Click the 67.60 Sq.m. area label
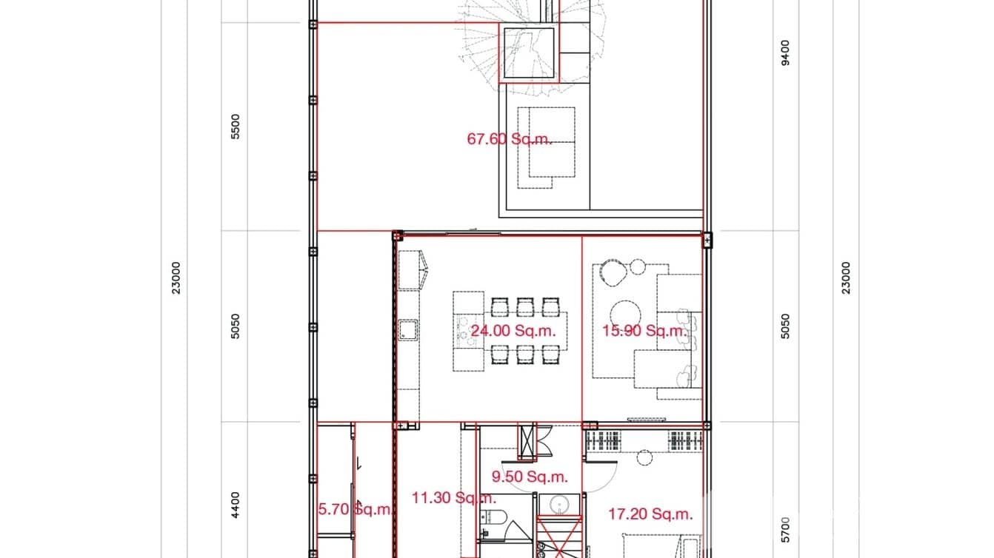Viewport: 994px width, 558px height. [x=510, y=139]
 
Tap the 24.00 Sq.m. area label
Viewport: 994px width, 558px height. [x=513, y=331]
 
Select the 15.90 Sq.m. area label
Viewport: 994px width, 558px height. [x=645, y=331]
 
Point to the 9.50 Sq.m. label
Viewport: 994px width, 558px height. [x=530, y=477]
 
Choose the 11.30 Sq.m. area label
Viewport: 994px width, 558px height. [x=453, y=498]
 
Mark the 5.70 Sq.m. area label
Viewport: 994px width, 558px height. [x=354, y=509]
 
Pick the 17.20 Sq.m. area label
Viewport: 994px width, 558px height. [x=650, y=514]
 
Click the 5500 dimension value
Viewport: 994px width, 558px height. [x=236, y=127]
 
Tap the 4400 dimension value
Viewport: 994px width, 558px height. [x=236, y=505]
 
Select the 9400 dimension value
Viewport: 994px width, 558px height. [x=785, y=53]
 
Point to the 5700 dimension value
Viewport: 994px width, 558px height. [x=785, y=530]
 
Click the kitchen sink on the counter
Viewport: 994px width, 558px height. [x=408, y=330]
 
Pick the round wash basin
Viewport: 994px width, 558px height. [x=559, y=505]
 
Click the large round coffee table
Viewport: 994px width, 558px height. [x=625, y=315]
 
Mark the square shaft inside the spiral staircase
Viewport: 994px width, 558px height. [x=529, y=53]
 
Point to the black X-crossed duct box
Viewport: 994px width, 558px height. [x=527, y=442]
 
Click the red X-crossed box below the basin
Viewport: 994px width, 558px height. [x=559, y=537]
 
